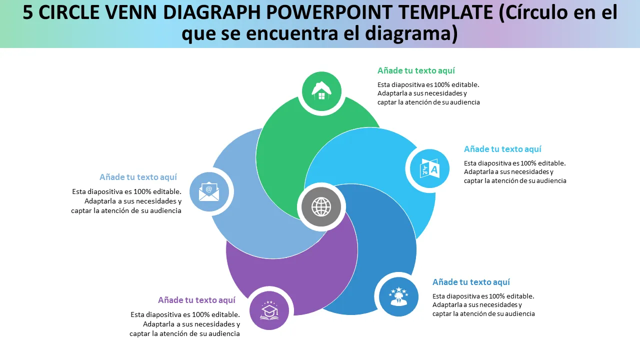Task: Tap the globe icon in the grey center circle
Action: point(321,206)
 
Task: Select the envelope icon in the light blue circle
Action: point(209,191)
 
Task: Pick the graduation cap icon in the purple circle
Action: point(269,310)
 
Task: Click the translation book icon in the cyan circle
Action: point(429,168)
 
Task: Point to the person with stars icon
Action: point(398,296)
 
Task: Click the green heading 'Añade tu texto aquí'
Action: point(416,71)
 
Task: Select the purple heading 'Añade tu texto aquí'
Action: point(196,300)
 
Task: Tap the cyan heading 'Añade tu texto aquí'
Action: point(502,149)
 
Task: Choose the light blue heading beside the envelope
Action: point(138,177)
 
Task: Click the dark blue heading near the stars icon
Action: point(471,282)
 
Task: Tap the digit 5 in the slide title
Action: point(28,13)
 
